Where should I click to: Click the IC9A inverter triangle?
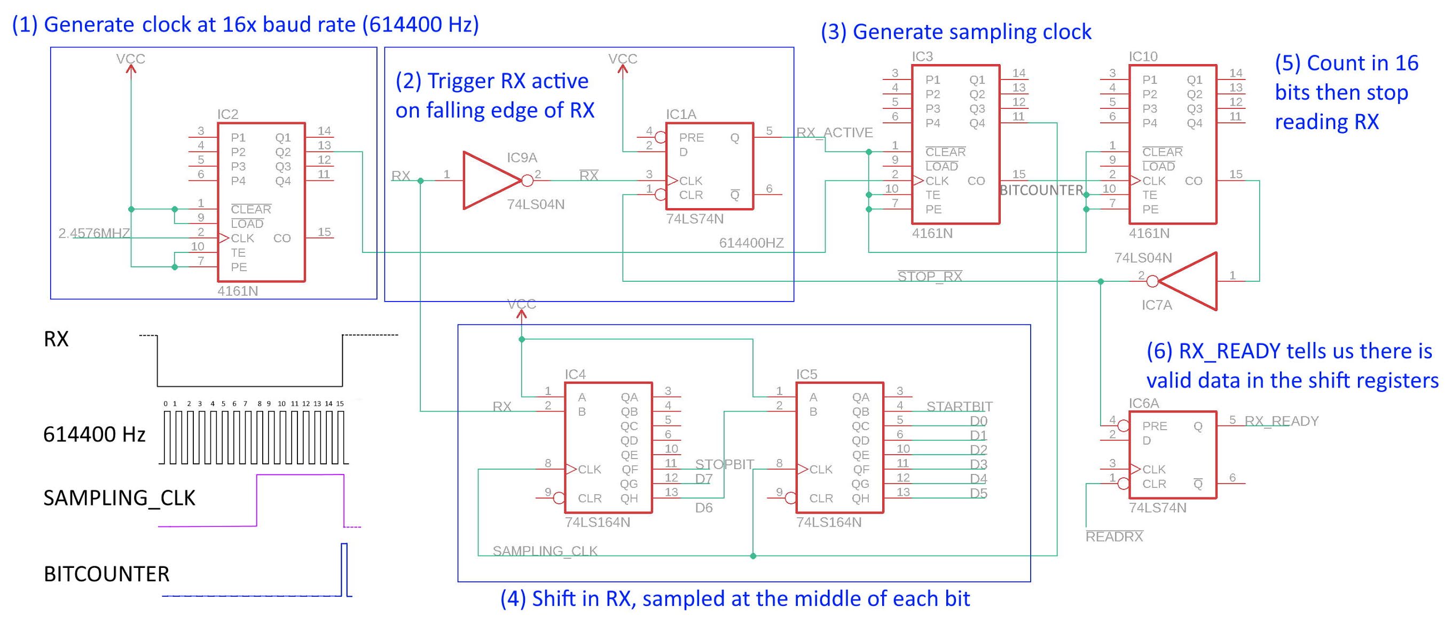[489, 180]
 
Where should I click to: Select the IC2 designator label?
[227, 114]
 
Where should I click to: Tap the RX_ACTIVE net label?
[834, 132]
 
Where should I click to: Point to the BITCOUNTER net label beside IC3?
[1040, 191]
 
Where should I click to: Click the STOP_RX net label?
[930, 276]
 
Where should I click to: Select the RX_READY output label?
[1281, 421]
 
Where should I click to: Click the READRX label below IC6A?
[1114, 536]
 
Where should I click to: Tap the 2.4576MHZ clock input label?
[93, 233]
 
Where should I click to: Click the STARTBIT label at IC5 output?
[959, 406]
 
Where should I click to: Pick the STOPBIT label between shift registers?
[724, 464]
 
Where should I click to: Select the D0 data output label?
[978, 421]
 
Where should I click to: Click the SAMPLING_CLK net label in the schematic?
[545, 550]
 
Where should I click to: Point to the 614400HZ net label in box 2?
[751, 243]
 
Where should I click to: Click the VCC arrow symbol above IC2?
[131, 69]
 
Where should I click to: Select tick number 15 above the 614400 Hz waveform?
[339, 404]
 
